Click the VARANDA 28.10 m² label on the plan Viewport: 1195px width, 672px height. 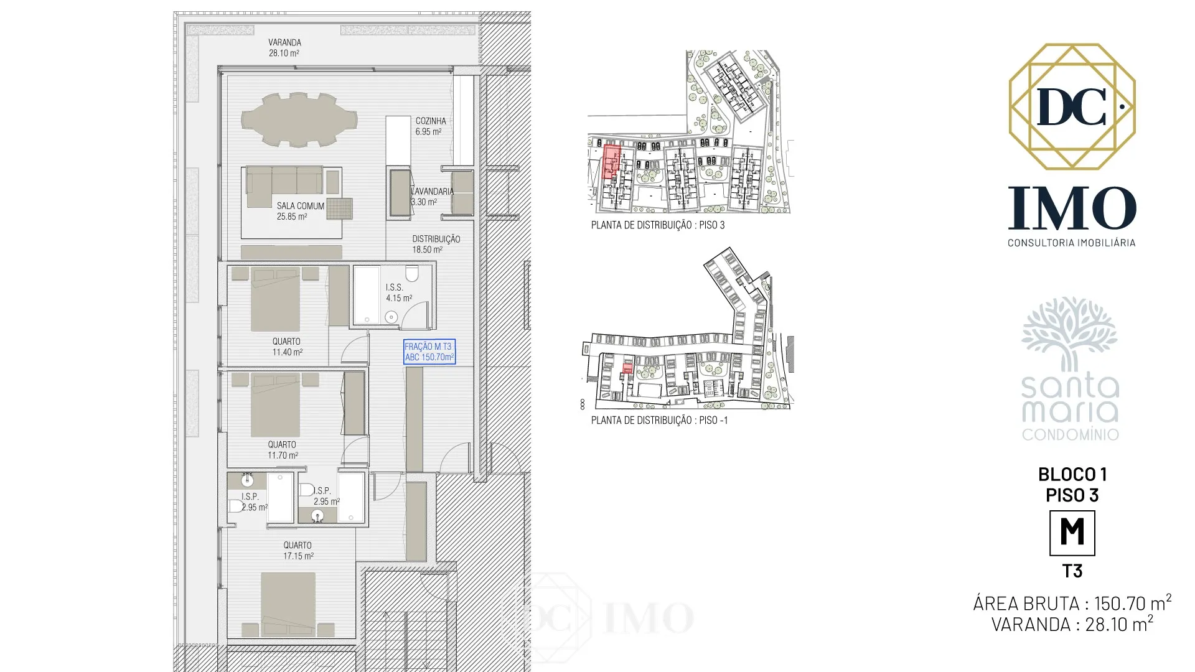[284, 48]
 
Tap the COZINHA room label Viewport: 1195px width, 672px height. [431, 121]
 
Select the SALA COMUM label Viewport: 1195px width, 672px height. [301, 206]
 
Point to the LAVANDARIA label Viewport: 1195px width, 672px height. [432, 191]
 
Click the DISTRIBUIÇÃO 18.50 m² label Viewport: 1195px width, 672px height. [436, 244]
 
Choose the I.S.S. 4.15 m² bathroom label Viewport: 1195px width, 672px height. [398, 292]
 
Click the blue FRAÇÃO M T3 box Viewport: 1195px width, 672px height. [429, 352]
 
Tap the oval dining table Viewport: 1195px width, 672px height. [299, 119]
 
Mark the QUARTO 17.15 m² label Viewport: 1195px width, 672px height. [298, 550]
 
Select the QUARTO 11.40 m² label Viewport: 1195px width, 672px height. [287, 347]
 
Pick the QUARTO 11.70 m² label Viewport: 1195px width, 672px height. [283, 450]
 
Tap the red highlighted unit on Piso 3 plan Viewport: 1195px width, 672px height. [612, 162]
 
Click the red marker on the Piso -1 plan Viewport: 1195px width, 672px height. [627, 370]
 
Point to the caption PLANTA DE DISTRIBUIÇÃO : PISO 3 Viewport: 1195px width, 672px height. [658, 225]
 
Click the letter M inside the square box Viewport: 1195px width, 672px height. [1072, 532]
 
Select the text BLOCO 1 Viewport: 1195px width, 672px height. [1072, 474]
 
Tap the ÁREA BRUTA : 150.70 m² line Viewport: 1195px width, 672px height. [1072, 602]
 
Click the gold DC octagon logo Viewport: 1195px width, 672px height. [1072, 106]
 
